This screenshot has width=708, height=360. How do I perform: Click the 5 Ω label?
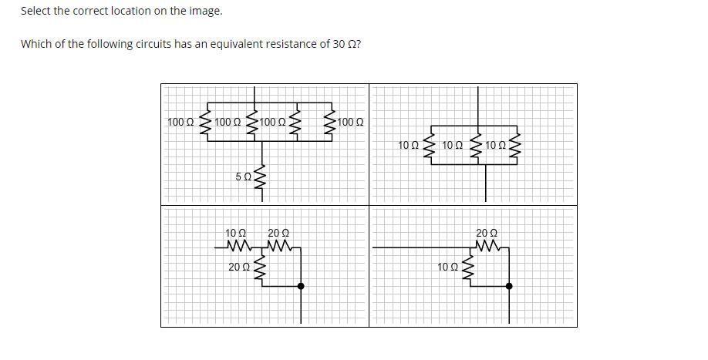click(x=244, y=177)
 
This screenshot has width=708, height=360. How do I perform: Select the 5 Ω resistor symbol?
click(x=261, y=177)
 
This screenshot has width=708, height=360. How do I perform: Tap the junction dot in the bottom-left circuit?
click(x=302, y=286)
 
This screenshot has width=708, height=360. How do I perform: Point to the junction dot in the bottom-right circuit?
click(x=509, y=286)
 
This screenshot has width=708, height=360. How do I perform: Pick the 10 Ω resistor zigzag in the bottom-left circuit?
click(x=238, y=247)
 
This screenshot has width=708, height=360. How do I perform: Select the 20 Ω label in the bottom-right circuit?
click(x=487, y=234)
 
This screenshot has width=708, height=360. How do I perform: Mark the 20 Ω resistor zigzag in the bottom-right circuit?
click(x=488, y=247)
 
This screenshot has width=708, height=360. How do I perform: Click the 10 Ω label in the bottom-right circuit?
click(x=447, y=267)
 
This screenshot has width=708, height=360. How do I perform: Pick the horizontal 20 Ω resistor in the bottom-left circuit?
click(x=280, y=247)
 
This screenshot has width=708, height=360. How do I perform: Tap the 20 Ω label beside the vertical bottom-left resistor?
click(x=239, y=267)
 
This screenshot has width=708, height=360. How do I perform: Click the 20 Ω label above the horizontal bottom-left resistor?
click(x=278, y=234)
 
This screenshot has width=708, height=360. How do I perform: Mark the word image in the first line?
click(x=210, y=12)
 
